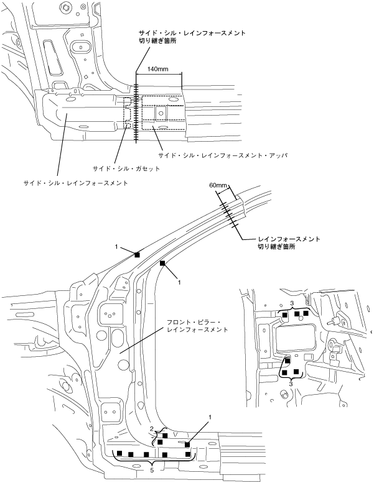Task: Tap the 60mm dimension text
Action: click(x=219, y=186)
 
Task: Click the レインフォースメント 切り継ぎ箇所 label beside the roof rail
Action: click(x=289, y=242)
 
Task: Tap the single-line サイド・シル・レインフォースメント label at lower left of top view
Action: click(x=75, y=183)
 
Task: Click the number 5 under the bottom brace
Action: click(x=152, y=470)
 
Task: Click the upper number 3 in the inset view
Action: click(x=292, y=303)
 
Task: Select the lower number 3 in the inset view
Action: click(x=291, y=384)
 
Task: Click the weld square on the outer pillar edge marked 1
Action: click(x=138, y=254)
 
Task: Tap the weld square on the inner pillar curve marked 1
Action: click(x=163, y=264)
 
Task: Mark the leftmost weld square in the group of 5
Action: click(x=117, y=454)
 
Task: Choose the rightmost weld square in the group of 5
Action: click(x=188, y=454)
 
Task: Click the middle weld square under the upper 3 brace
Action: click(x=296, y=314)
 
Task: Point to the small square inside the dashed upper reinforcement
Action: click(x=159, y=113)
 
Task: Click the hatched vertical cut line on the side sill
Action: click(x=135, y=106)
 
